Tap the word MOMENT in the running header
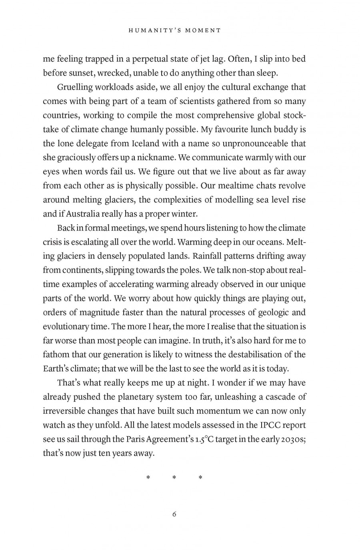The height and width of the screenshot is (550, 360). click(x=204, y=30)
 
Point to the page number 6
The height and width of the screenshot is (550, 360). click(x=174, y=514)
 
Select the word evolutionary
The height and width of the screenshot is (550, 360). click(x=66, y=327)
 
